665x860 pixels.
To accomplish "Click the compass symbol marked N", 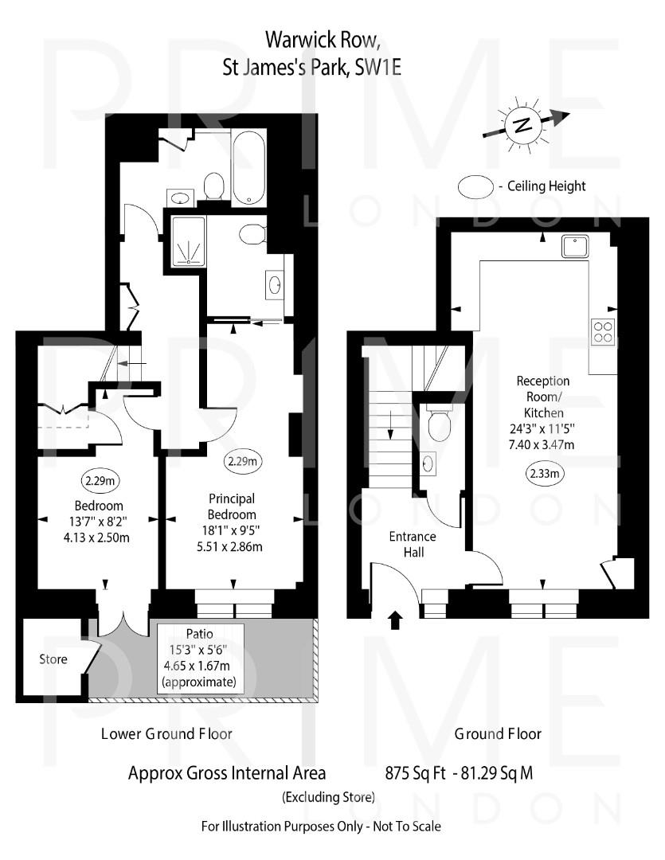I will [522, 125].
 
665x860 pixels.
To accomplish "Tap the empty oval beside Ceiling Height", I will [475, 186].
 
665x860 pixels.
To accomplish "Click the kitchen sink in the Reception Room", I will [575, 246].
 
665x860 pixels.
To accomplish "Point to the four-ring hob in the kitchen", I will [603, 330].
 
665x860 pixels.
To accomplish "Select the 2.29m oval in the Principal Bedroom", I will [243, 461].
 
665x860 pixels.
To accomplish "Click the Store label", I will [53, 659].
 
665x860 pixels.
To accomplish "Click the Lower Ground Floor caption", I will [166, 733].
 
